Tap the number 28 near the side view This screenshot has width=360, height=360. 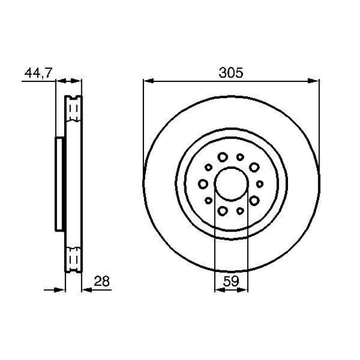coord(101,281)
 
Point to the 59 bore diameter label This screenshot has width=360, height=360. coord(231,281)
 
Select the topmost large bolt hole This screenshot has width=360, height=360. coord(223,157)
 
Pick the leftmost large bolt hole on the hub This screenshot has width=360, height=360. coord(203,183)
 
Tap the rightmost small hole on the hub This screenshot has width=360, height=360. coord(259,183)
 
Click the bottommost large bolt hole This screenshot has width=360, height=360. coord(223,210)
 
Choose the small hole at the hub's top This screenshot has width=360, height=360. coord(240,157)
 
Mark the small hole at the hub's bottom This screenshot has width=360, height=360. coord(240,210)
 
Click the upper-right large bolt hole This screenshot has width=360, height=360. coord(254,166)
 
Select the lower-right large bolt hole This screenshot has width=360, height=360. coord(254,200)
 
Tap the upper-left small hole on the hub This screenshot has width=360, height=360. coord(208,166)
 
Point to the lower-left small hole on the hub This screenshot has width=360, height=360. coord(208,200)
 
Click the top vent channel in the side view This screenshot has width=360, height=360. coord(73,110)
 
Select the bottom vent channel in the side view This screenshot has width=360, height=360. coord(73,258)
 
